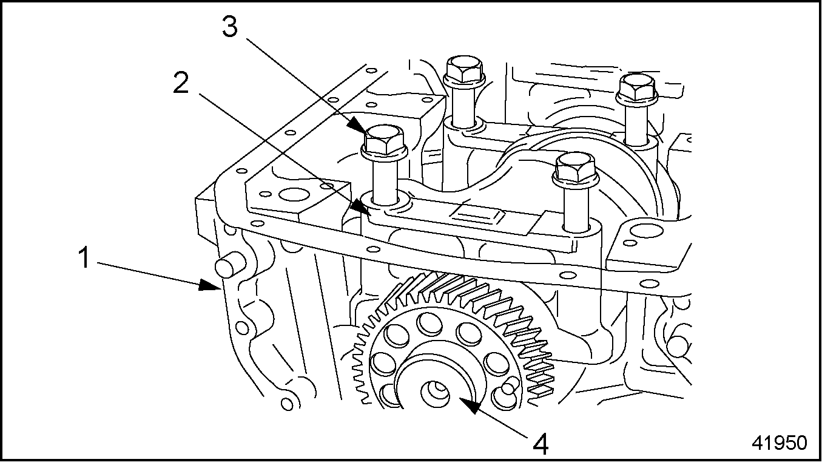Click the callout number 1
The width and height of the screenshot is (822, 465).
84,258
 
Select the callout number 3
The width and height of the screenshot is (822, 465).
229,27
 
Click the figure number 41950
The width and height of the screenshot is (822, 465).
779,443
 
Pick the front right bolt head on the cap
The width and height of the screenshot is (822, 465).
574,168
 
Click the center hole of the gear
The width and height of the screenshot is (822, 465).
436,392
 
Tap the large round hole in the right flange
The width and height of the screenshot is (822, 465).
644,232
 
